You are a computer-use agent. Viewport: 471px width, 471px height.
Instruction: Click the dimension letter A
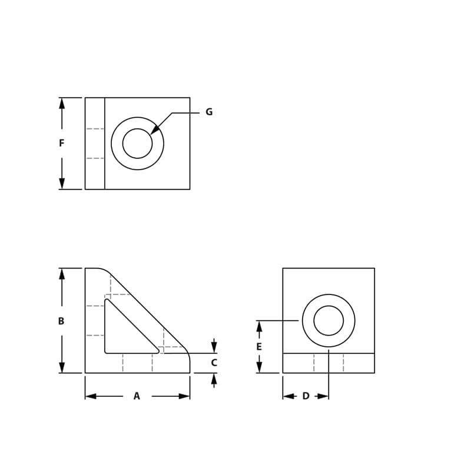(137, 396)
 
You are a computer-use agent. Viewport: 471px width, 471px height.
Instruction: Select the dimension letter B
(61, 321)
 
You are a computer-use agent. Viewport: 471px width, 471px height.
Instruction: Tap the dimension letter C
(214, 363)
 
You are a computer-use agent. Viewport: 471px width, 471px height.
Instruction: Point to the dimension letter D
(306, 396)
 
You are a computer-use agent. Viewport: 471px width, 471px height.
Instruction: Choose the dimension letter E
(259, 347)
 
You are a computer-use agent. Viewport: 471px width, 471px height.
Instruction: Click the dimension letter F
(61, 143)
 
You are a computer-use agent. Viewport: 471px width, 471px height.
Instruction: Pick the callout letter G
(209, 112)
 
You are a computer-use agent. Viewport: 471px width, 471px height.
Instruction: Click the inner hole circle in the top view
(137, 144)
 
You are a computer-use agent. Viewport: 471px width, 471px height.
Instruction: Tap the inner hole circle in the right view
(329, 321)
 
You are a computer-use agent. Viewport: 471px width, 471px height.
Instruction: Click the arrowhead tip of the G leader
(152, 132)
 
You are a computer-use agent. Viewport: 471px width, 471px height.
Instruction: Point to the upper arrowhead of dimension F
(62, 102)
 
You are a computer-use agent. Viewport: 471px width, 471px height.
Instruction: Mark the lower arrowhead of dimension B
(62, 368)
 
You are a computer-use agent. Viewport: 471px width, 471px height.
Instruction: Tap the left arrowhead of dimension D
(287, 396)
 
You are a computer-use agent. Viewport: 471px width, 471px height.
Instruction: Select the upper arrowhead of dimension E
(259, 325)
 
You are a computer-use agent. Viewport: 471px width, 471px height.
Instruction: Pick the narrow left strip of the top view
(95, 144)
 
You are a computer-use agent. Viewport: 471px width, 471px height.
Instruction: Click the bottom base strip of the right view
(329, 363)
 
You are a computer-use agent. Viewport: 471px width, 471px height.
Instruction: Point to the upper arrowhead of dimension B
(62, 273)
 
